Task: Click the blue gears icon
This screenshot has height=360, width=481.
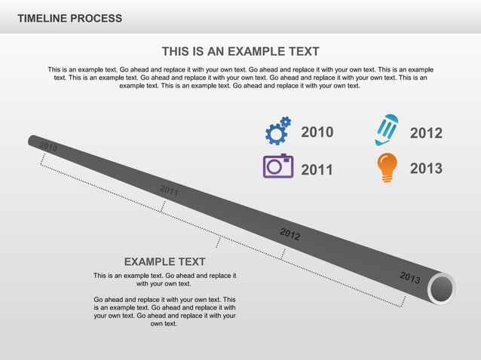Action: [277, 131]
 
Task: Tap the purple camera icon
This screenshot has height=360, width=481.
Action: [277, 166]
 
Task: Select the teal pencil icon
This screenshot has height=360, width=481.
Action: [386, 130]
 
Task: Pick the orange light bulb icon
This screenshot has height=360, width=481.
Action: [387, 167]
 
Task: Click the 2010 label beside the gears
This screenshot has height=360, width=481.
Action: [317, 133]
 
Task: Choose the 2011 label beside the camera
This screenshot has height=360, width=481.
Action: [317, 169]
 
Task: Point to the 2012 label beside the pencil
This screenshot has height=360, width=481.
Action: [426, 133]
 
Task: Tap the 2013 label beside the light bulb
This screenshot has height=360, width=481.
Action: [426, 169]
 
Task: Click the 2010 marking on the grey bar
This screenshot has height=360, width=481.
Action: [48, 146]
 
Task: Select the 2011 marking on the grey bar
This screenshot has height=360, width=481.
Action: [169, 191]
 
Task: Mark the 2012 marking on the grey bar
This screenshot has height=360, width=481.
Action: [290, 234]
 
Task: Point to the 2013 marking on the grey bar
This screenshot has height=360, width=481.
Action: [410, 278]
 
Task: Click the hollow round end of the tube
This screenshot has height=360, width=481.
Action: [442, 289]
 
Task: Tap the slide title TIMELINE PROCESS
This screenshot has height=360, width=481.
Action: [69, 18]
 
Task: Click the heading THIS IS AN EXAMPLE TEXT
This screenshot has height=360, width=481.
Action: [240, 51]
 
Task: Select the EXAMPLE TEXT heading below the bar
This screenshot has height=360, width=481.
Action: [164, 262]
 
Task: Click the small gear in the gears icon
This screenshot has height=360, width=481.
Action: [285, 122]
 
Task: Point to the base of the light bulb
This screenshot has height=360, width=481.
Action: [387, 178]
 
